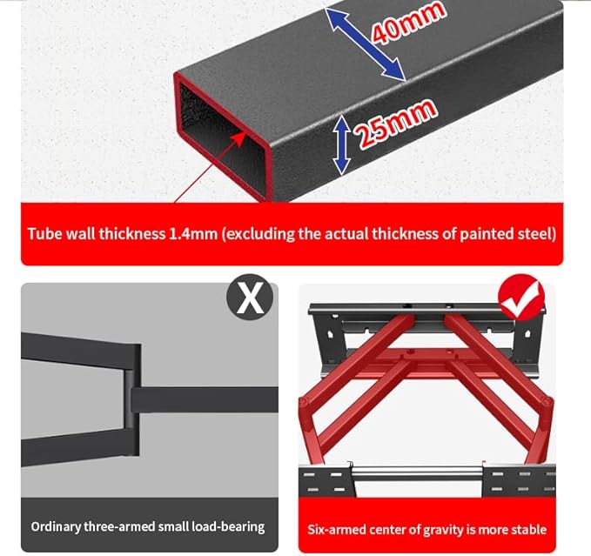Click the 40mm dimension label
(408, 23)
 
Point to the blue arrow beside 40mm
(365, 44)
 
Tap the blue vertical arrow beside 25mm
(341, 144)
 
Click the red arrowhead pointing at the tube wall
(238, 139)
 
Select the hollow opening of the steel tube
(222, 139)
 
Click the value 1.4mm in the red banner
(193, 234)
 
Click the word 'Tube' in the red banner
(45, 234)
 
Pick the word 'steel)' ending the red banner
(538, 234)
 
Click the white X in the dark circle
(250, 298)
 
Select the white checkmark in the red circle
(521, 298)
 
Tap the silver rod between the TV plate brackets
(419, 471)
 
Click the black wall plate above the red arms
(426, 310)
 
